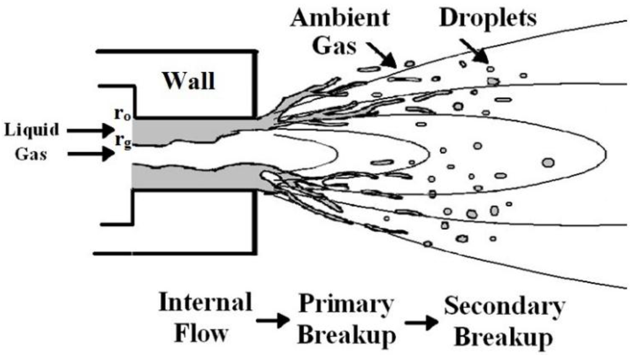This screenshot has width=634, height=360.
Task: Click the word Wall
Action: click(x=189, y=81)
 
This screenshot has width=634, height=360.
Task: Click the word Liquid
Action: click(x=32, y=130)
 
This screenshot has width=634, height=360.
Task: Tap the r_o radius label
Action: click(x=121, y=114)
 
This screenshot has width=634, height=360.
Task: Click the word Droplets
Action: click(x=488, y=18)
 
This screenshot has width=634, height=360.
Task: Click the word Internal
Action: click(x=205, y=304)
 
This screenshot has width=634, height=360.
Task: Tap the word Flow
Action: click(x=205, y=334)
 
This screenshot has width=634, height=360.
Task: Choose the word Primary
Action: click(x=347, y=305)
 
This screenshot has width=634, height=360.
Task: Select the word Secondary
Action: click(x=505, y=307)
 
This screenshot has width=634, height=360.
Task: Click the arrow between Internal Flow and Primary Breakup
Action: click(x=273, y=320)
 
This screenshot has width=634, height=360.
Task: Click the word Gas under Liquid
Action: click(x=32, y=153)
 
